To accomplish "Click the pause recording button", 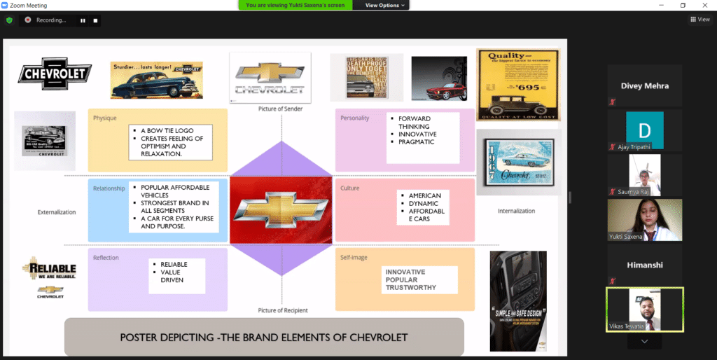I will (83, 20).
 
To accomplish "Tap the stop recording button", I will (96, 20).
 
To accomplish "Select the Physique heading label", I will (105, 118).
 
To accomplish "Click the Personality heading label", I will (354, 118).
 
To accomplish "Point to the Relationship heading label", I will (109, 188).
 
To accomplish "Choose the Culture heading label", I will (350, 188).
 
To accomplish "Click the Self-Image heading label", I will (354, 257).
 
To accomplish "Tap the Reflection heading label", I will (106, 257).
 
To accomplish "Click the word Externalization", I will (57, 212).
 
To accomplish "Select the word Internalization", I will (516, 211).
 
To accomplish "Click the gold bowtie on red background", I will (281, 209).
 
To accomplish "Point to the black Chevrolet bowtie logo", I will (55, 73).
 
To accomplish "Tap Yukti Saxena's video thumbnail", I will (644, 220).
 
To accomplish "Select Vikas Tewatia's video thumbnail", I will (644, 309).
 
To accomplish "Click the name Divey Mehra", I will (644, 86).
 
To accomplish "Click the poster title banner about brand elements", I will (264, 337).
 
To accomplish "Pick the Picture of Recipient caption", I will (282, 310).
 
